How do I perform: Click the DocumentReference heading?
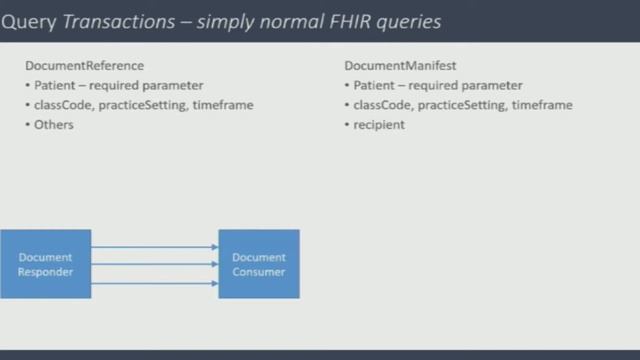click(x=84, y=66)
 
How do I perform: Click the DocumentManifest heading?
click(x=400, y=66)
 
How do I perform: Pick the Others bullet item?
click(x=54, y=125)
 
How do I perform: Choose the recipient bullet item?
click(x=379, y=125)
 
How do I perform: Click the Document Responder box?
click(x=45, y=264)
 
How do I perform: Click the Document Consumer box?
click(x=259, y=264)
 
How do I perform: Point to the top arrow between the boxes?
click(x=155, y=246)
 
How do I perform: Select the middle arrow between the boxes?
click(x=155, y=264)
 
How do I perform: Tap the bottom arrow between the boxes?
click(x=155, y=283)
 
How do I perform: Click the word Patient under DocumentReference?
click(x=55, y=86)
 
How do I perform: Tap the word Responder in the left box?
click(x=45, y=271)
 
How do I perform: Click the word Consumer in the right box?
click(x=259, y=271)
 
